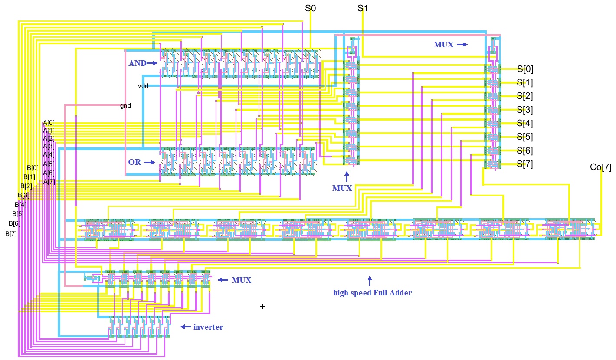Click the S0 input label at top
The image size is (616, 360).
pyautogui.click(x=311, y=8)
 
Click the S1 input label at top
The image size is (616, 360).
pyautogui.click(x=363, y=8)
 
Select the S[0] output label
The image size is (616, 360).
pyautogui.click(x=525, y=69)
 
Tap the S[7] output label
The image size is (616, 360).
pyautogui.click(x=525, y=164)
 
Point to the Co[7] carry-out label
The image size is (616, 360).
pyautogui.click(x=600, y=167)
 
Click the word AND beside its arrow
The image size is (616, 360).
pyautogui.click(x=138, y=63)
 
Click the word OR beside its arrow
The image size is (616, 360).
pyautogui.click(x=134, y=162)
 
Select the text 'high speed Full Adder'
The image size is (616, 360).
pyautogui.click(x=372, y=293)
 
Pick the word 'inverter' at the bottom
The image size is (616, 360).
pyautogui.click(x=208, y=327)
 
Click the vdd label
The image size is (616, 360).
pyautogui.click(x=143, y=86)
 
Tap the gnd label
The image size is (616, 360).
pyautogui.click(x=125, y=105)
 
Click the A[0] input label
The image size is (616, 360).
pyautogui.click(x=49, y=123)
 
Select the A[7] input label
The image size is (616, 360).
pyautogui.click(x=49, y=182)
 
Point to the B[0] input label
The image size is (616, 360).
pyautogui.click(x=33, y=168)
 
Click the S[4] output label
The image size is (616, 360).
pyautogui.click(x=525, y=124)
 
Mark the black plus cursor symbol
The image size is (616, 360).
pyautogui.click(x=262, y=306)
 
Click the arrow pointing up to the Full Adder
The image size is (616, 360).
pyautogui.click(x=370, y=281)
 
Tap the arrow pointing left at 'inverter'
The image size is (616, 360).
pyautogui.click(x=185, y=327)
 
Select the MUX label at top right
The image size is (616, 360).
pyautogui.click(x=443, y=44)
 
